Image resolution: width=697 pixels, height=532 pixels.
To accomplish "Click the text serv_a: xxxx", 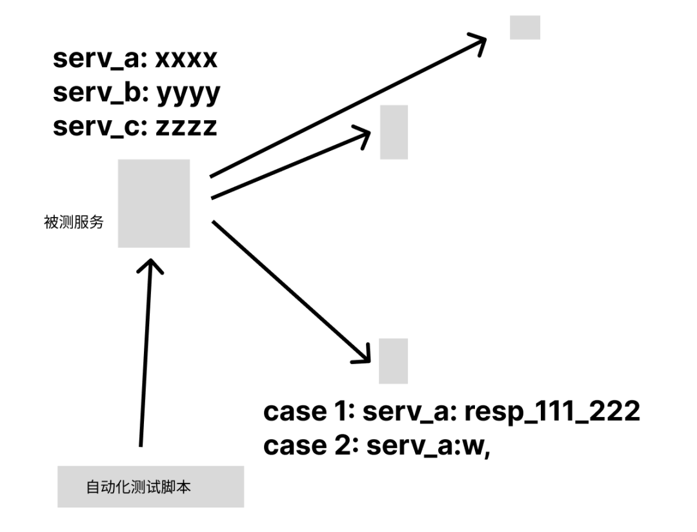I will [135, 59].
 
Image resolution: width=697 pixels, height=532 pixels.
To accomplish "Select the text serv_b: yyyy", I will [136, 94].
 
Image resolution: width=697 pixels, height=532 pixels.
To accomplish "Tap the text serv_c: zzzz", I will [135, 127].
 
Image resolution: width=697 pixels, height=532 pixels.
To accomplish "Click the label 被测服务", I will [74, 224].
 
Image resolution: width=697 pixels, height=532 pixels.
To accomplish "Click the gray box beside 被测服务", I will [154, 203].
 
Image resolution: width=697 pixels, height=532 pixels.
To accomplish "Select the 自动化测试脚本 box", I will [150, 487].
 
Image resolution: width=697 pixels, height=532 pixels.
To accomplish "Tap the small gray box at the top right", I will [525, 28].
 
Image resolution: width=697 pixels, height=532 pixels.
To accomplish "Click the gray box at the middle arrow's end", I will [394, 132].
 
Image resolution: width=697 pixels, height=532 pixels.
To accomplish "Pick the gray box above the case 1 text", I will [393, 360].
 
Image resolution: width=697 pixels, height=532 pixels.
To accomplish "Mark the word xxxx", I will [187, 59].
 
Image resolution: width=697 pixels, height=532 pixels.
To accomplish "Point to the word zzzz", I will [187, 127].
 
